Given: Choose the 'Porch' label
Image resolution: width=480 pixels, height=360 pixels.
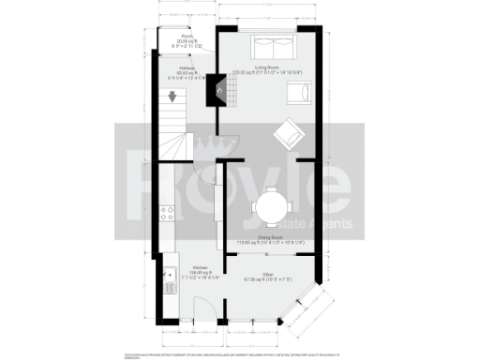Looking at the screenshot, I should (x=187, y=37).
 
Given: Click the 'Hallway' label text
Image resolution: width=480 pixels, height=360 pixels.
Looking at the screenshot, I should (x=186, y=67).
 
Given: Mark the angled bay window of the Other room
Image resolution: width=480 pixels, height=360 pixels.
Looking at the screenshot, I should (x=313, y=309).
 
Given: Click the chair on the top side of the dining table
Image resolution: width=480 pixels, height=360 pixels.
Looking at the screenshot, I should (x=272, y=184).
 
